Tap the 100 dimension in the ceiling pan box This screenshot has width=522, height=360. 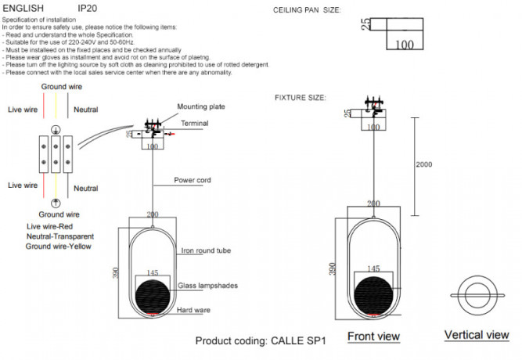pyautogui.click(x=405, y=45)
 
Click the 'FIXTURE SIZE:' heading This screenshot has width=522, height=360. pyautogui.click(x=300, y=98)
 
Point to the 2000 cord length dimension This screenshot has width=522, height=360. pyautogui.click(x=424, y=165)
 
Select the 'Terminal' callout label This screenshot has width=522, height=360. pyautogui.click(x=195, y=124)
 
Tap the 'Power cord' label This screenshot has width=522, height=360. pyautogui.click(x=193, y=180)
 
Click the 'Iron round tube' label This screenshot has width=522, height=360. pyautogui.click(x=205, y=251)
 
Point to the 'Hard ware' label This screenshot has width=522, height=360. pyautogui.click(x=194, y=311)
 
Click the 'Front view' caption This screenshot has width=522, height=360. pyautogui.click(x=373, y=337)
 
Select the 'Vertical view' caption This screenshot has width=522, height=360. pyautogui.click(x=477, y=335)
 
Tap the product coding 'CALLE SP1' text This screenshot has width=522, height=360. pyautogui.click(x=260, y=342)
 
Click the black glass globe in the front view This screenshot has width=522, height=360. pyautogui.click(x=374, y=294)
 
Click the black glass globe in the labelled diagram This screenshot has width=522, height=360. pyautogui.click(x=152, y=296)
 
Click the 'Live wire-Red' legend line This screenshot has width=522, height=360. pyautogui.click(x=49, y=226)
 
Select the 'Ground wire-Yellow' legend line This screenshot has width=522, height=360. pyautogui.click(x=58, y=246)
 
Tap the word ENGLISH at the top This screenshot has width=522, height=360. pyautogui.click(x=28, y=9)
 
